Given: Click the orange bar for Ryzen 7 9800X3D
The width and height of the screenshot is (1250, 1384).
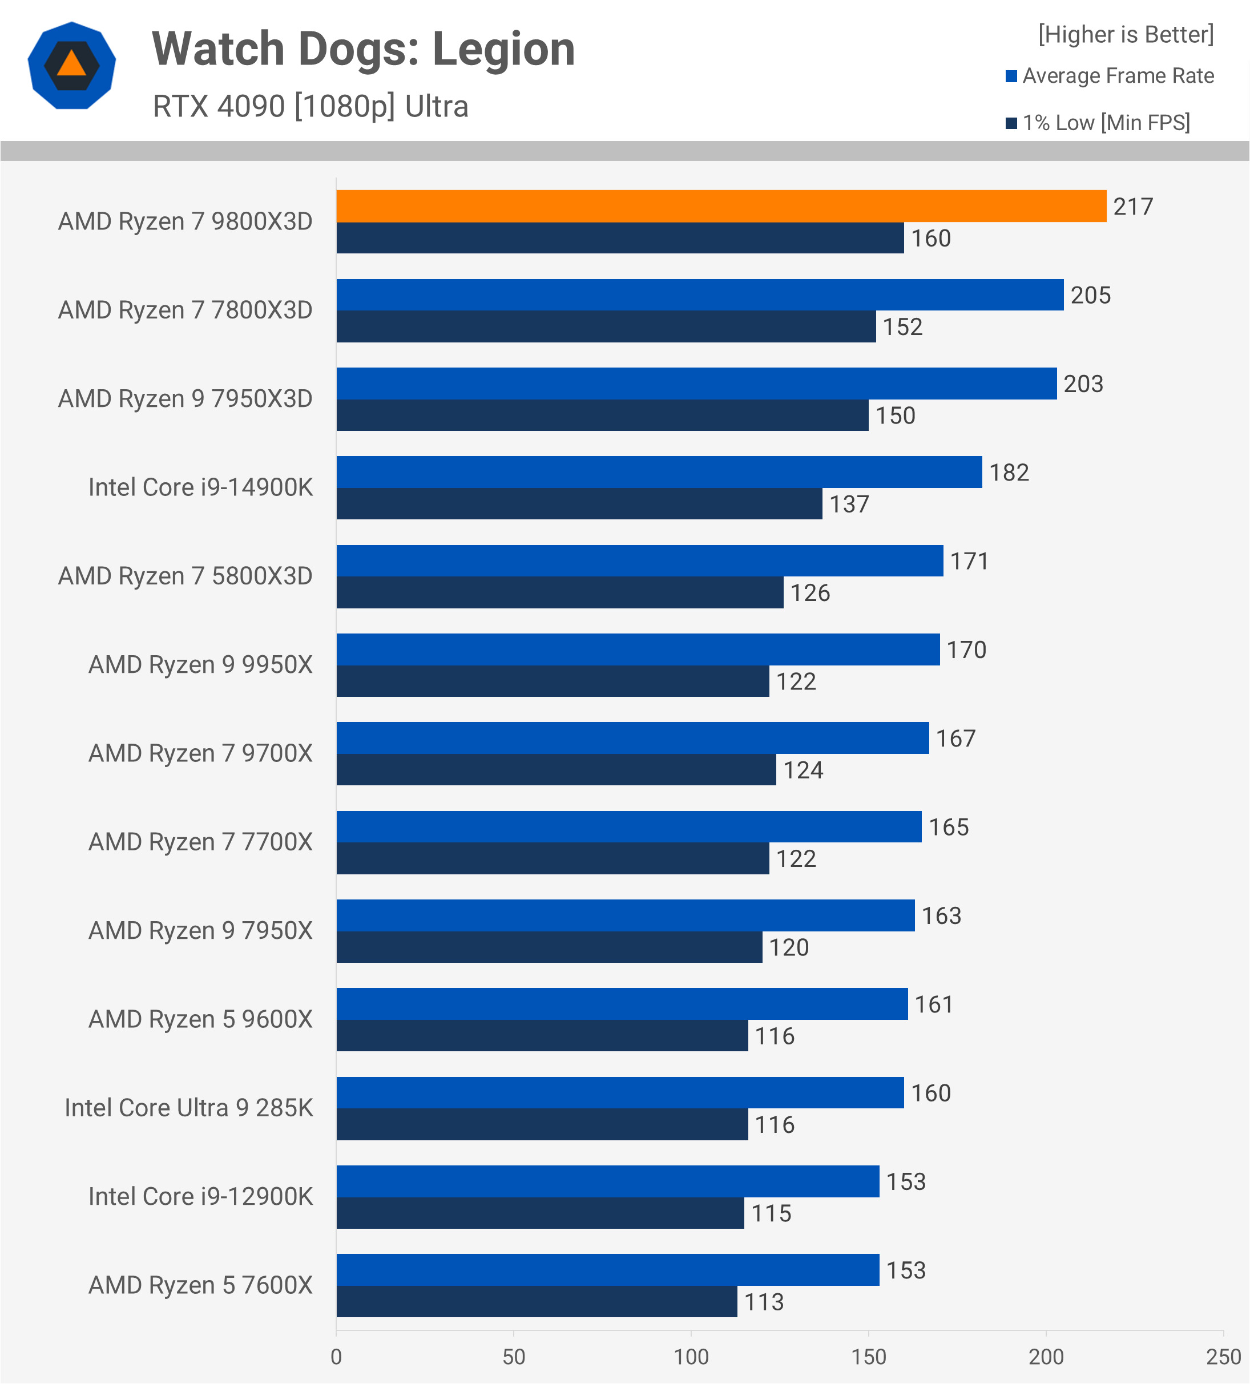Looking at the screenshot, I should [x=721, y=206].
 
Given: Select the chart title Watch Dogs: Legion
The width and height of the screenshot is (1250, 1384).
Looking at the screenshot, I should [x=363, y=50].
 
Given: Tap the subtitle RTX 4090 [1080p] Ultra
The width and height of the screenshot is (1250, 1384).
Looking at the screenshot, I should [x=311, y=106].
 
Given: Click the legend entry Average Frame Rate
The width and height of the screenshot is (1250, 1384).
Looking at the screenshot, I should [x=1118, y=75].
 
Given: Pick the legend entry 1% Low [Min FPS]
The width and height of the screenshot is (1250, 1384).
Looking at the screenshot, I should [x=1105, y=123].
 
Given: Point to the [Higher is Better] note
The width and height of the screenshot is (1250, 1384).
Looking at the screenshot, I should [x=1126, y=34].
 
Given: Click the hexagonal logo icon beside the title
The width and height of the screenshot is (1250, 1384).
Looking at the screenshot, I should [x=71, y=65].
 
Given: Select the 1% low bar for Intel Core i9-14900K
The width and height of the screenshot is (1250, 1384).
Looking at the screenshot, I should [x=579, y=504].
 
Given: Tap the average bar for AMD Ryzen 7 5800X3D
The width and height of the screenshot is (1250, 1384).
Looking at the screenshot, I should [x=639, y=561].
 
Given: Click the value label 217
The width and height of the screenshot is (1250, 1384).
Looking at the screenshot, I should [x=1132, y=207].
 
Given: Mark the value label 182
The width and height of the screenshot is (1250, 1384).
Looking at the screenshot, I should [x=1009, y=473].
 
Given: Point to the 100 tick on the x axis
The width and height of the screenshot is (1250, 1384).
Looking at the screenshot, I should [x=691, y=1357].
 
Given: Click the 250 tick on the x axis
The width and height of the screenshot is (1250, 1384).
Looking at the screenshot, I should [x=1223, y=1357].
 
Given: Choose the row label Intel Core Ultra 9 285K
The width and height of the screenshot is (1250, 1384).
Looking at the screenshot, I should [x=188, y=1108].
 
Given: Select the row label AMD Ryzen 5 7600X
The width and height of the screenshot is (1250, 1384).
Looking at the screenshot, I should [x=200, y=1285].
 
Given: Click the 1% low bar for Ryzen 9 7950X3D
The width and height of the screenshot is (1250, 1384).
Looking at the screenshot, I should [x=602, y=415].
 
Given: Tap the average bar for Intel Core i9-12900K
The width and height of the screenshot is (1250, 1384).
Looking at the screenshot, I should [x=607, y=1181].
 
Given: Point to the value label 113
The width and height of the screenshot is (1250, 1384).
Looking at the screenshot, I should [x=764, y=1302].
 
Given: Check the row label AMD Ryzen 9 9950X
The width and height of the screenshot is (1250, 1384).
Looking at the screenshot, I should [x=200, y=664].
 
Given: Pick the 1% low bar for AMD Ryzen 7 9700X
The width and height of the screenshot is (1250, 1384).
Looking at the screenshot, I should [x=556, y=769].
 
